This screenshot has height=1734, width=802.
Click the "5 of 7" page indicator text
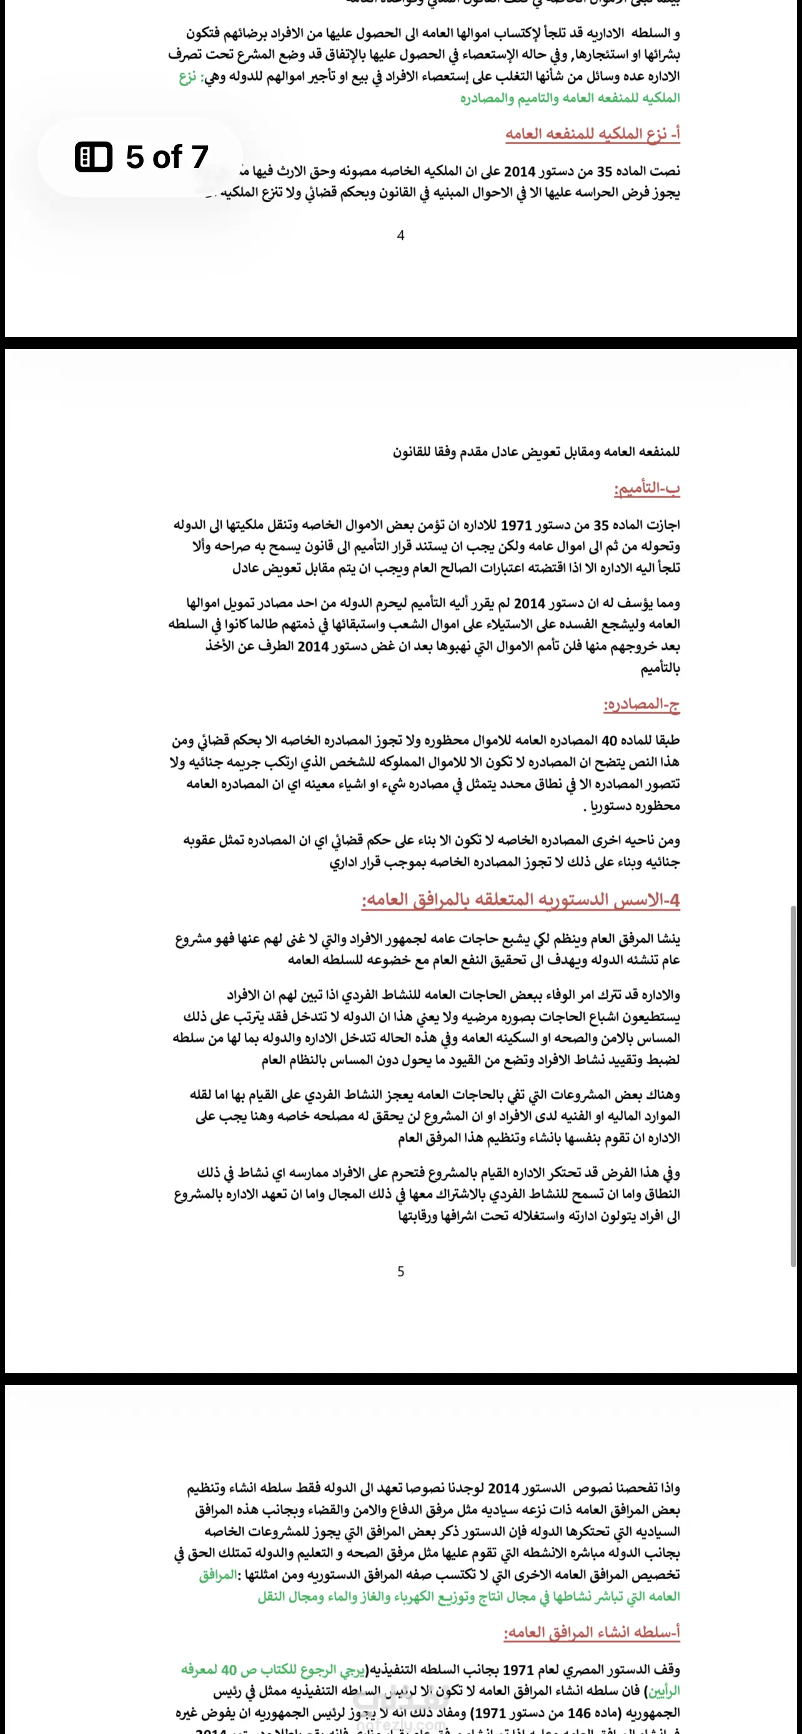tap(167, 157)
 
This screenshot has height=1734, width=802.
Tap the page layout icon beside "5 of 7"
tap(93, 157)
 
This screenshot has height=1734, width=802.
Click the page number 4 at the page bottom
tap(400, 235)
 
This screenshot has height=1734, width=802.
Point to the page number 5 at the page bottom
tap(400, 1271)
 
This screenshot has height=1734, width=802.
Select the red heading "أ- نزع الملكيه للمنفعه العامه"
tap(593, 134)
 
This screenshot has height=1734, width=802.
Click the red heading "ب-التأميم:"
tap(646, 489)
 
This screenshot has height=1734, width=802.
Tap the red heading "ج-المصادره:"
tap(641, 705)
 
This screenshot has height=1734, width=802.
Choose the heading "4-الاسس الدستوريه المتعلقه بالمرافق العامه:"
tap(520, 900)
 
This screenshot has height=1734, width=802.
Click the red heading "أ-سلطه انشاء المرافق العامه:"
tap(592, 1632)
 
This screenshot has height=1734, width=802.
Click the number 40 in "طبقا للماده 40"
tap(609, 740)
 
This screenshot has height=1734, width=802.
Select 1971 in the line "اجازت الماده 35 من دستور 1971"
tap(517, 525)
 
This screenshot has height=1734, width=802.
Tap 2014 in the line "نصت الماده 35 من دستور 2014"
tap(519, 172)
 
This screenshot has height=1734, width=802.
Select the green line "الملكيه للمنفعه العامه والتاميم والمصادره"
tap(570, 98)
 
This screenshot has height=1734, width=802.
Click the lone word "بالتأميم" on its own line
tap(660, 669)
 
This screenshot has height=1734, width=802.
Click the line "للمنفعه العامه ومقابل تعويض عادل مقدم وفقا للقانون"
tap(536, 452)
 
